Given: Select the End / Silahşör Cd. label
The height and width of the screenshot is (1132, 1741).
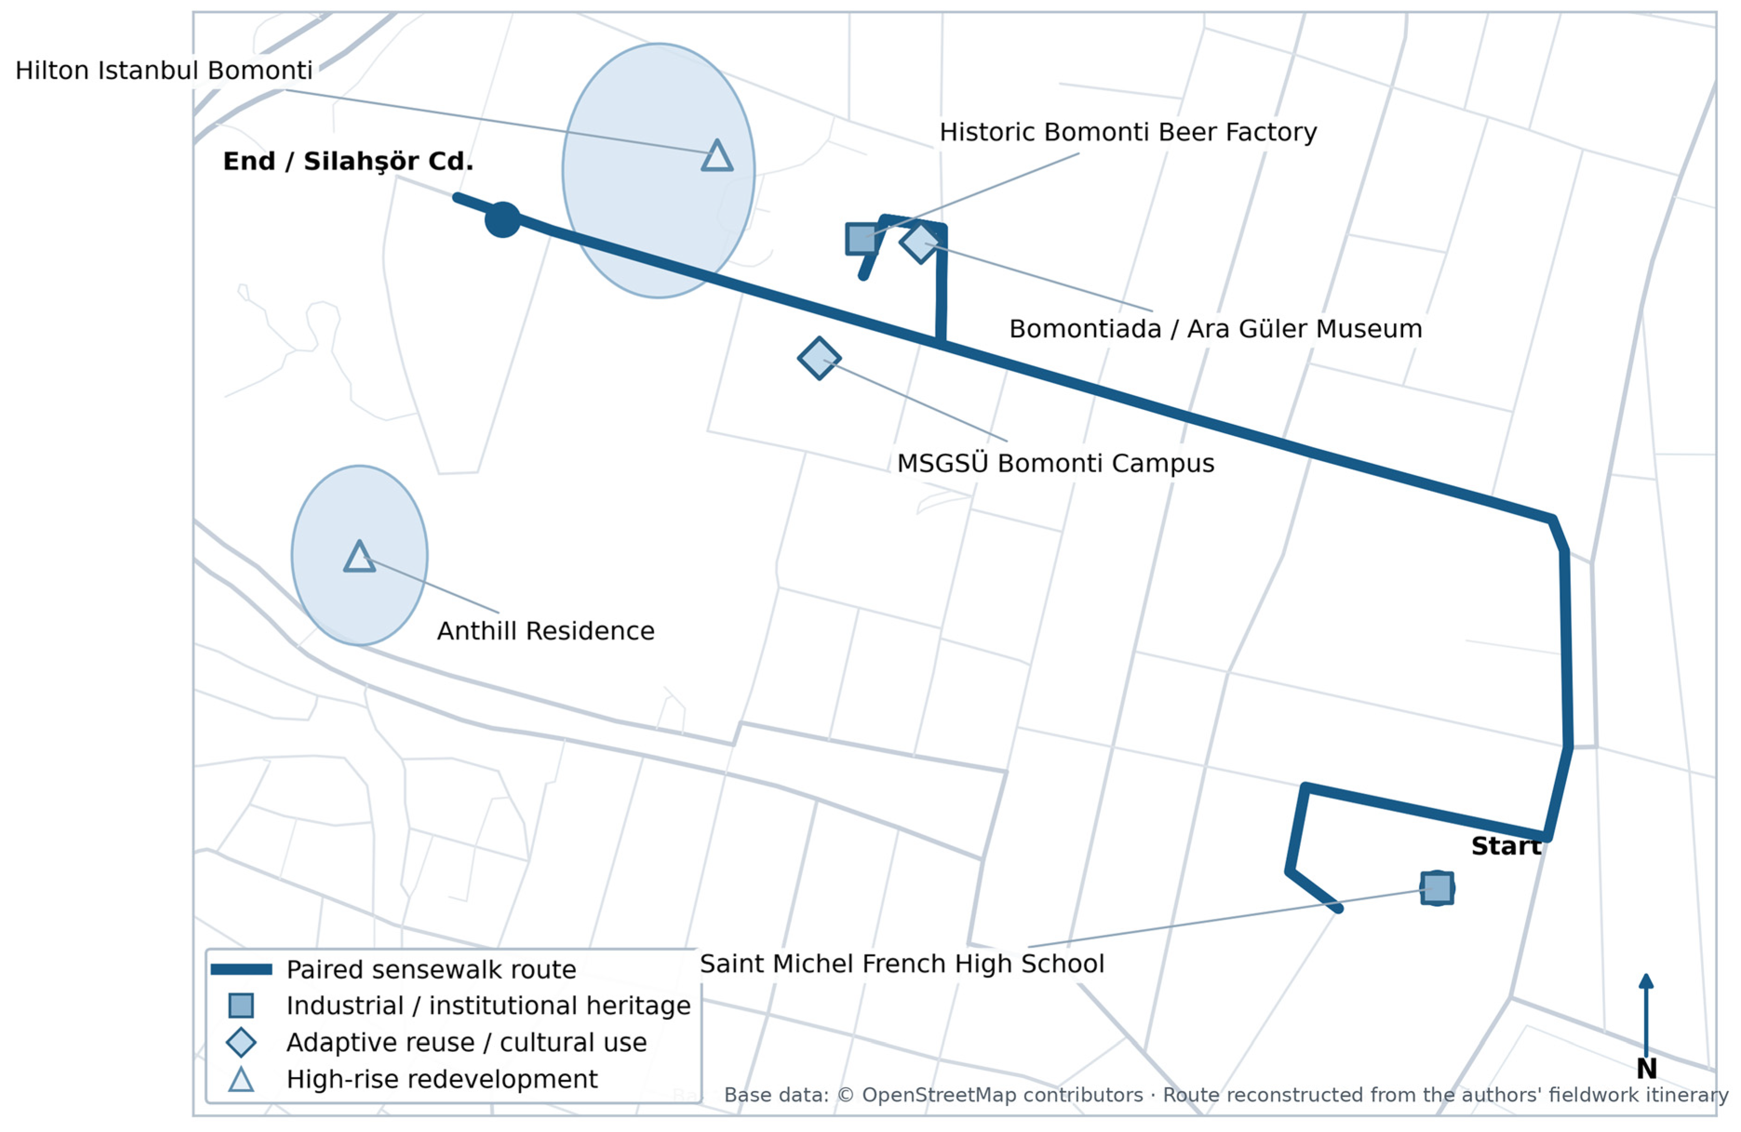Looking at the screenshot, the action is tap(348, 161).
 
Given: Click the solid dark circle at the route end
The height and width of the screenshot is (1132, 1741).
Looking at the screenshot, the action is tap(502, 220).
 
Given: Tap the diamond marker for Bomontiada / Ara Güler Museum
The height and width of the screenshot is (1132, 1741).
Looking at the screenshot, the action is tap(919, 242).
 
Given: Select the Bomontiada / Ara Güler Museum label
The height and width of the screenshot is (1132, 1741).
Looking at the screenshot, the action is tap(1216, 328).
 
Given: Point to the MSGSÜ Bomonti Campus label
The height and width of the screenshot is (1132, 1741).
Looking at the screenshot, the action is tap(1056, 463).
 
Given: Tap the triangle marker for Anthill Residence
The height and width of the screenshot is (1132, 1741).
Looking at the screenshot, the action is tap(359, 557).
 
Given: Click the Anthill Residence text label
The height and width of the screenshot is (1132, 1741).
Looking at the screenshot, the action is tap(546, 631).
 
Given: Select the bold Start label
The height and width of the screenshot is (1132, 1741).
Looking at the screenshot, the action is tap(1506, 846).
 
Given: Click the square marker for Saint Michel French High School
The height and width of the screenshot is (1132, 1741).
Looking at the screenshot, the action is tap(1437, 888).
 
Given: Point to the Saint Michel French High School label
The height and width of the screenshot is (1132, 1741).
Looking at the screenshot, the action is tap(902, 964).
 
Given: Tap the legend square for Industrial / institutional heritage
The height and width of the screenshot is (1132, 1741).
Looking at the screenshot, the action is tap(241, 1005).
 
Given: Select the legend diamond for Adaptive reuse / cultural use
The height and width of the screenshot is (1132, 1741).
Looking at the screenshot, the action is tap(241, 1042).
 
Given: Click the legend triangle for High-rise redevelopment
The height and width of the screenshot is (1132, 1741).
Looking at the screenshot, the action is tap(241, 1079).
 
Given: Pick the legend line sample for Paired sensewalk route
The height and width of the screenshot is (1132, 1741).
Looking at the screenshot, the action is tap(241, 970).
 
